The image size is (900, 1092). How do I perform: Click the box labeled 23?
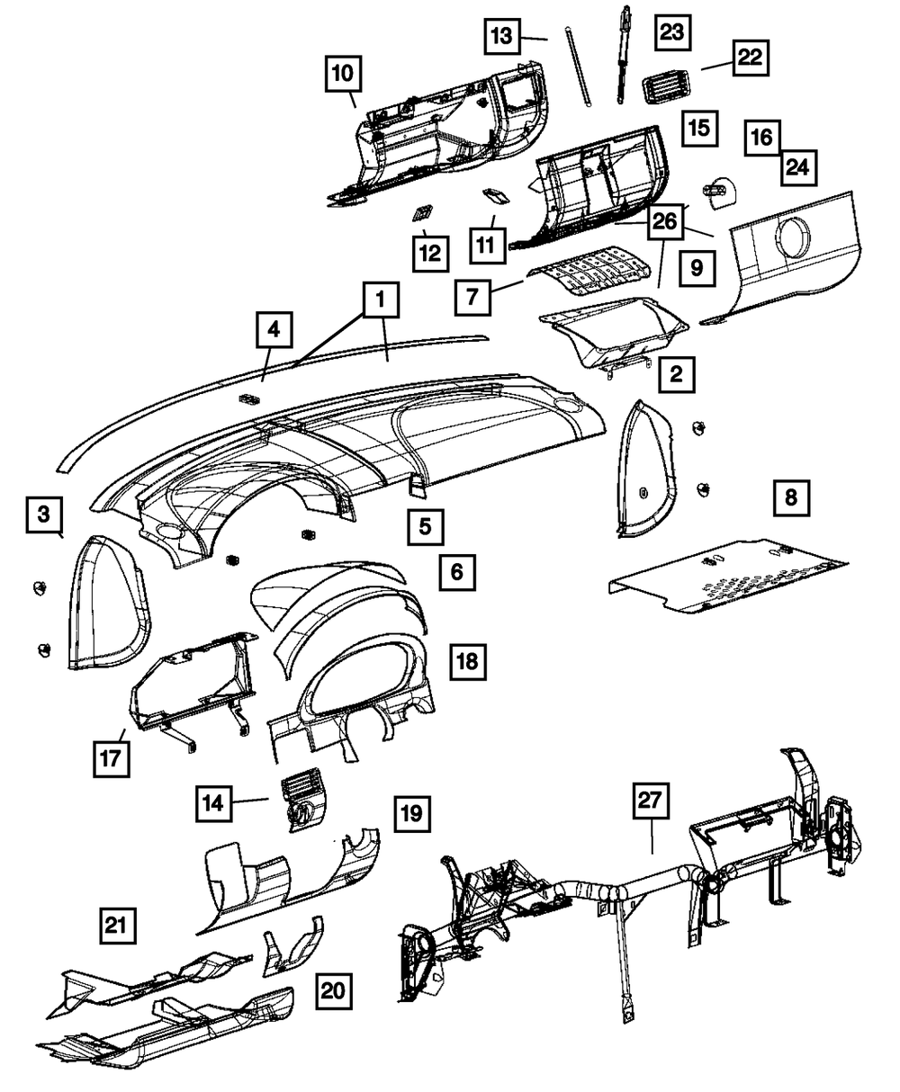coord(672,32)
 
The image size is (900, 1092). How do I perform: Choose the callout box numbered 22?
coord(751,58)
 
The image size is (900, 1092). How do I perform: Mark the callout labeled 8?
coord(791,497)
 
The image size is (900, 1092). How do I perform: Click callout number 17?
coord(111,756)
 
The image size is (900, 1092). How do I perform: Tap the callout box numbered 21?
coord(117,926)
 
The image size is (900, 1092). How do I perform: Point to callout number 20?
coord(333,992)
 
